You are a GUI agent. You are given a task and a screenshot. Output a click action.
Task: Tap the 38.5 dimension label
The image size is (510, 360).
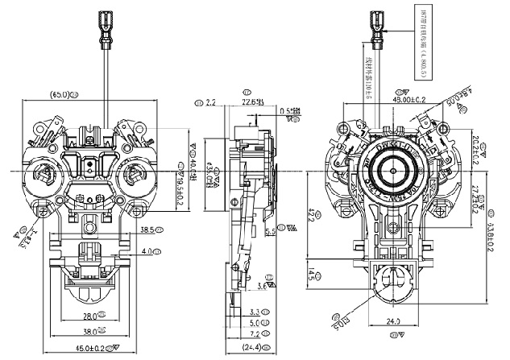pyautogui.click(x=148, y=230)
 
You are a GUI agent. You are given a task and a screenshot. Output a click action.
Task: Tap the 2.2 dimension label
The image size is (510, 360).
pyautogui.click(x=211, y=102)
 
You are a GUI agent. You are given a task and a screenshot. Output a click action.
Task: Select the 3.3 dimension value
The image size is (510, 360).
pyautogui.click(x=255, y=311)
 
